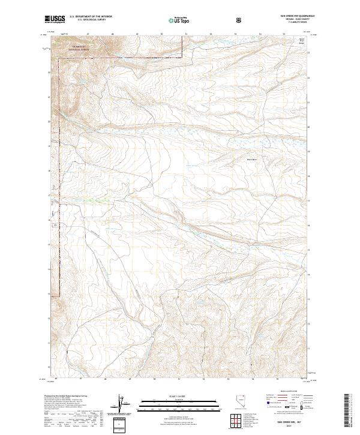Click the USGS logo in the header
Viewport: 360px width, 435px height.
click(55, 20)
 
